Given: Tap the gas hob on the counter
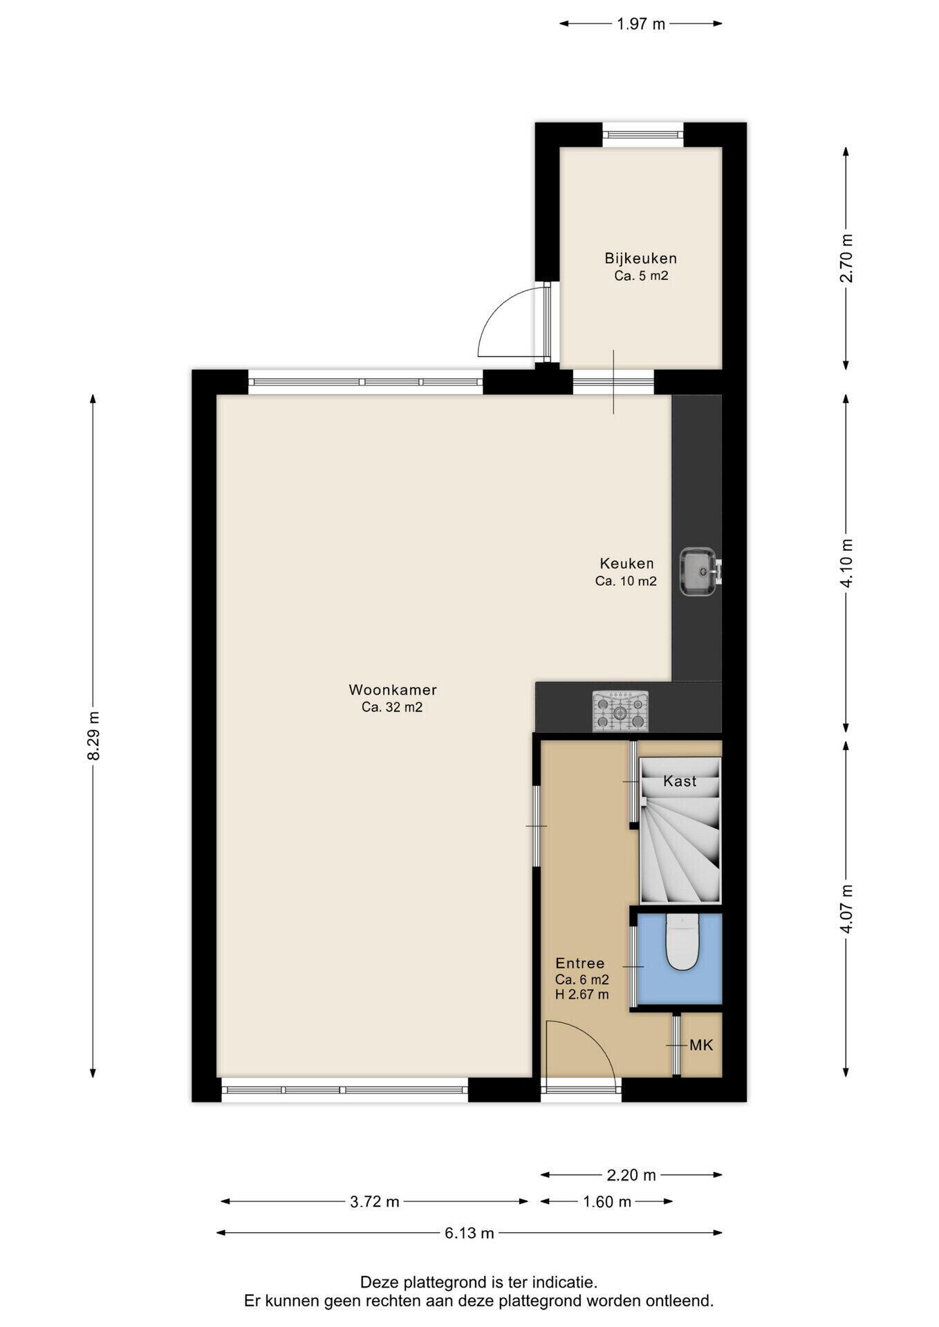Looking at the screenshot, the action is point(620,711).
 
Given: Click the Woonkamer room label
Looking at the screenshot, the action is point(393,690).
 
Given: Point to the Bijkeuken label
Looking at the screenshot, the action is point(641,258).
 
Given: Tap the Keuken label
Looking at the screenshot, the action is point(626,563).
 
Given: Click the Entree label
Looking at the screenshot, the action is point(580,963).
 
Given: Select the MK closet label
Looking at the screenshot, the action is point(701,1044).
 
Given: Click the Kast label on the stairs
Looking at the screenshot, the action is point(680,781).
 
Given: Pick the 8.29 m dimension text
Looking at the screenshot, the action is point(93,735).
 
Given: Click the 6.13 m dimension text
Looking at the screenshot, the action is point(469,1232).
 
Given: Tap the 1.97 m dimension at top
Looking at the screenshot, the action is point(641,24).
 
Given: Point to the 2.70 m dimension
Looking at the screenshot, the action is point(846,258).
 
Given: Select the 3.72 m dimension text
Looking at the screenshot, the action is point(375,1202).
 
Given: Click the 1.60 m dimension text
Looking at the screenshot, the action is point(607,1202).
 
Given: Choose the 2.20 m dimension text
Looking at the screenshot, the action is point(631,1175).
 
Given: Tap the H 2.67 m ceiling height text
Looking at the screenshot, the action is point(582,995).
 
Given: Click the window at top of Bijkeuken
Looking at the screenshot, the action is point(643,135).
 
